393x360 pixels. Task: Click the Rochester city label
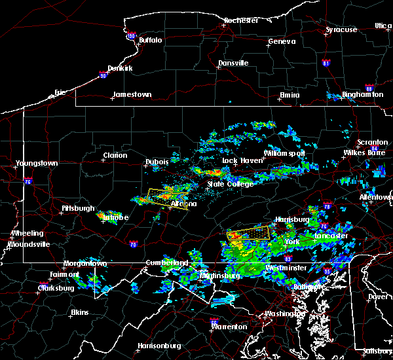click(242, 20)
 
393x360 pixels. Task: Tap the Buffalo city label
click(150, 40)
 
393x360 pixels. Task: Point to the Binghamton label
click(362, 95)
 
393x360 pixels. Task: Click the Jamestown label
click(132, 94)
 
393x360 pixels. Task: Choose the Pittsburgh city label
click(78, 208)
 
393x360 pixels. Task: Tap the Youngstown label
click(37, 163)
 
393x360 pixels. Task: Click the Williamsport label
click(284, 153)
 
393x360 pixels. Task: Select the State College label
click(230, 184)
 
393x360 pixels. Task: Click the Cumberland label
click(166, 262)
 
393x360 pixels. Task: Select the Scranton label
click(372, 143)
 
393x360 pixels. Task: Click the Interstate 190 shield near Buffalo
click(131, 36)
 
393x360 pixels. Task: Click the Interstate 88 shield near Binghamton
click(369, 86)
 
